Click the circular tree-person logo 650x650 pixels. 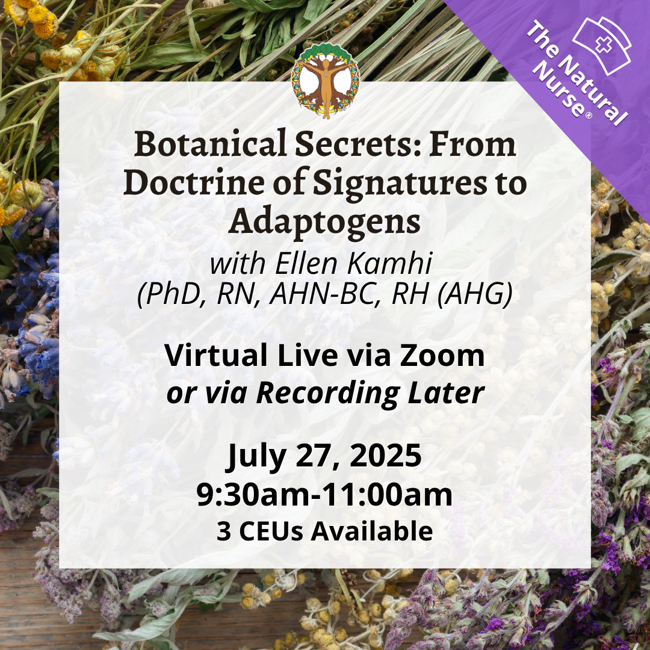coord(324,81)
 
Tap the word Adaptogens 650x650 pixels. coord(324,221)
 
